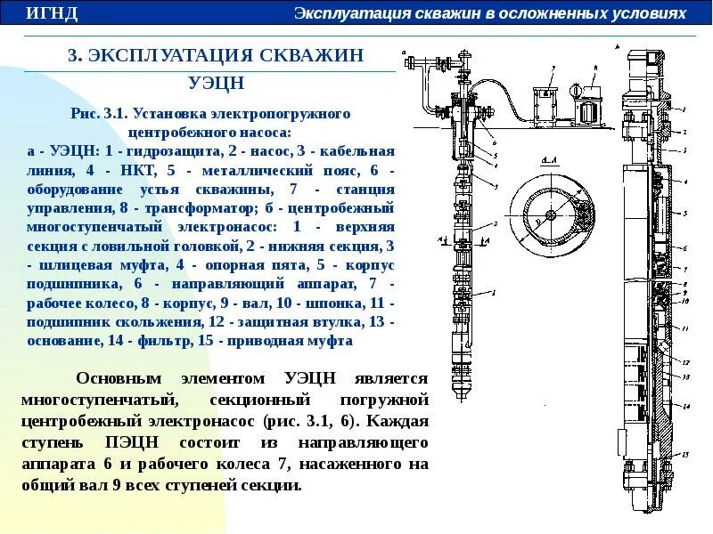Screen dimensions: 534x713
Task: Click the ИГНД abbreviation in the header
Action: [52, 13]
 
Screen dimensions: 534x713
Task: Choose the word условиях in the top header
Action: [658, 13]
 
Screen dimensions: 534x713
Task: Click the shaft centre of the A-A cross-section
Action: [551, 215]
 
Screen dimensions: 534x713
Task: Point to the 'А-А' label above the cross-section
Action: [549, 159]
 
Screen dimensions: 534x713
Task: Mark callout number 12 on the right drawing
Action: [685, 362]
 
